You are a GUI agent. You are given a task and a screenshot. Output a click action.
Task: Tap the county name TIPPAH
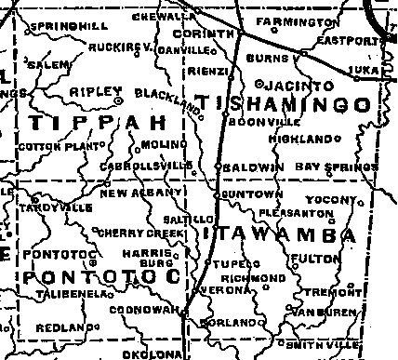point(97,123)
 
